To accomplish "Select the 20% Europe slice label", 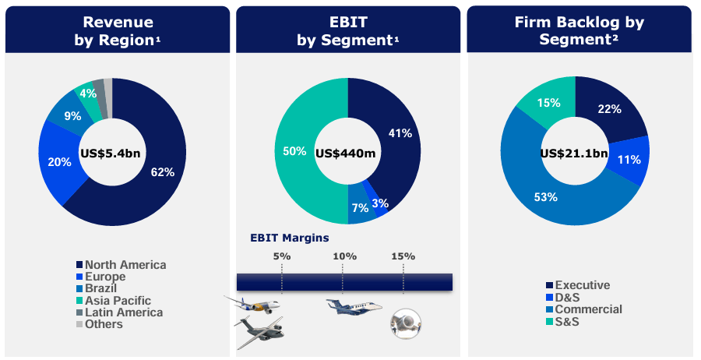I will [58, 162].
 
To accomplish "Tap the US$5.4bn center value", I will [111, 153].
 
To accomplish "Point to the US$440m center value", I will [345, 153].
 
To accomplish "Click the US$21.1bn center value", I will [574, 153].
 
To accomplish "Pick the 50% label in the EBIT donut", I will [294, 151].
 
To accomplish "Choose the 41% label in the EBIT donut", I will [400, 133].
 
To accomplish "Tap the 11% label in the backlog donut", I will [629, 160].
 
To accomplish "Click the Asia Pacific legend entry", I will [118, 300].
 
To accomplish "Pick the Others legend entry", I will [104, 323].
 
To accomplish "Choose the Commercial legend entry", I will [587, 309].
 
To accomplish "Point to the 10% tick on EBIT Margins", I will [344, 256].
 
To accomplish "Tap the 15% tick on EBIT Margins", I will [403, 256].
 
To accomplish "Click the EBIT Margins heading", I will [289, 238].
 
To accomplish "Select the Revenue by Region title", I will [117, 30].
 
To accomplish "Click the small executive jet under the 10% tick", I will [352, 308].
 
